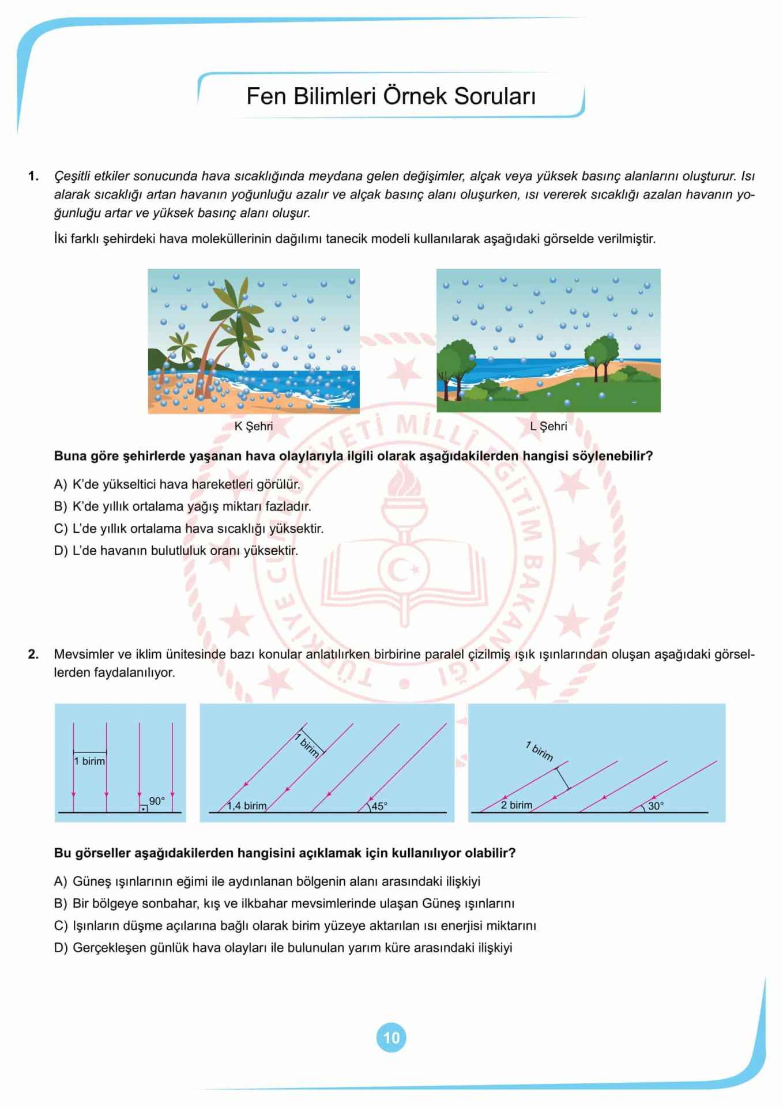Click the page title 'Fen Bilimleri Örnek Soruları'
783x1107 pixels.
[x=391, y=96]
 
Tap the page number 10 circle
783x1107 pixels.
[x=391, y=1038]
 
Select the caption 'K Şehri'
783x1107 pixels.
[x=253, y=427]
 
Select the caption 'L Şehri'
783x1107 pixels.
[x=548, y=427]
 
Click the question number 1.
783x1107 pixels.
[x=33, y=176]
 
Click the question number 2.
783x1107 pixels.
[x=33, y=654]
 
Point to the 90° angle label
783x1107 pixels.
[x=157, y=801]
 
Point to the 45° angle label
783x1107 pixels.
[x=379, y=807]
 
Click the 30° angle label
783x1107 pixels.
[x=656, y=807]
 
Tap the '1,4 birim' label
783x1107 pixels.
[x=247, y=806]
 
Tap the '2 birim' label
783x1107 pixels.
[x=516, y=805]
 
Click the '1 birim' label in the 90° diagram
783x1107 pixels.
[x=90, y=762]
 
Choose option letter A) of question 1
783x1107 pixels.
[x=61, y=484]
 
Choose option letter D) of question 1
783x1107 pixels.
[x=61, y=551]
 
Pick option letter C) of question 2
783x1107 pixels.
[x=61, y=926]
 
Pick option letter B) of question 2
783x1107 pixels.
[x=61, y=903]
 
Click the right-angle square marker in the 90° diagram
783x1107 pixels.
[x=144, y=808]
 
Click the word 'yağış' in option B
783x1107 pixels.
[x=200, y=507]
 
